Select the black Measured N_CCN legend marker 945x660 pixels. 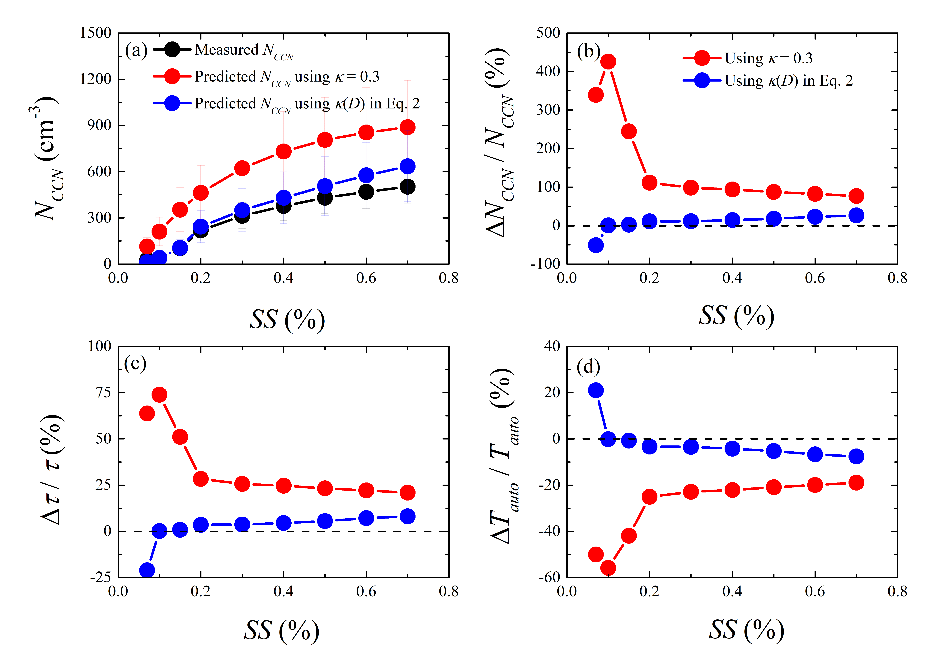(172, 49)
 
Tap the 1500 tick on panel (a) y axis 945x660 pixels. (96, 33)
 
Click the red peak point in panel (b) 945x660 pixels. (608, 62)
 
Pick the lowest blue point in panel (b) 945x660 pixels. (596, 245)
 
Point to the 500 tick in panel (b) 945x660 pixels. (548, 33)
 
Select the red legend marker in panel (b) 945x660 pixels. (702, 58)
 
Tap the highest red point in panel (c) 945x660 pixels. (159, 394)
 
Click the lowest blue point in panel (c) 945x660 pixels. (147, 570)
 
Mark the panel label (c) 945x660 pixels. (135, 364)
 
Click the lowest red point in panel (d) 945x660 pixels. (608, 568)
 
